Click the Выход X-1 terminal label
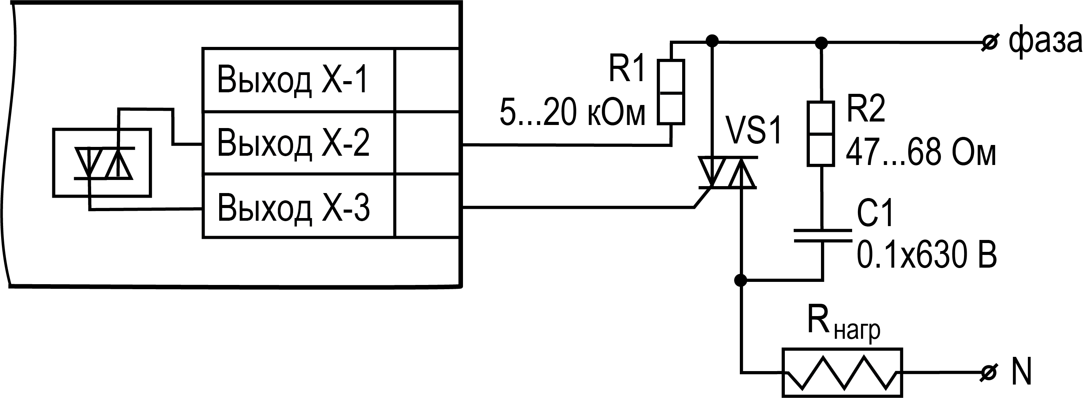[x=293, y=80]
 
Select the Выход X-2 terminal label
[x=293, y=143]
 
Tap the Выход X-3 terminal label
[x=293, y=207]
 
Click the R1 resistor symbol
[x=671, y=92]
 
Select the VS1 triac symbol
[x=727, y=173]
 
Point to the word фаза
[x=1044, y=42]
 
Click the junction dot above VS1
[x=712, y=41]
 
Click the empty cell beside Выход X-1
[x=427, y=80]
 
